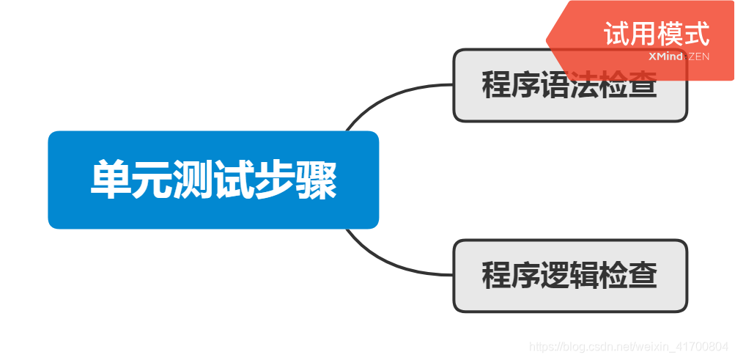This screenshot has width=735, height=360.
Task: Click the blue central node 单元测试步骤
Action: click(213, 180)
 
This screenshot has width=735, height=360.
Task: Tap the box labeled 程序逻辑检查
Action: click(569, 276)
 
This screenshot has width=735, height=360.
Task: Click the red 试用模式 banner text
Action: click(657, 34)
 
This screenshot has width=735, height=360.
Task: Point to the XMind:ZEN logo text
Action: click(679, 56)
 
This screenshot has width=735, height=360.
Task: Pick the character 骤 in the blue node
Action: click(317, 180)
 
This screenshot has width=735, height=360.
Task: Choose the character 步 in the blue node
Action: click(276, 180)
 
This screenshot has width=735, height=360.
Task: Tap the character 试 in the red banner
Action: click(617, 34)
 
